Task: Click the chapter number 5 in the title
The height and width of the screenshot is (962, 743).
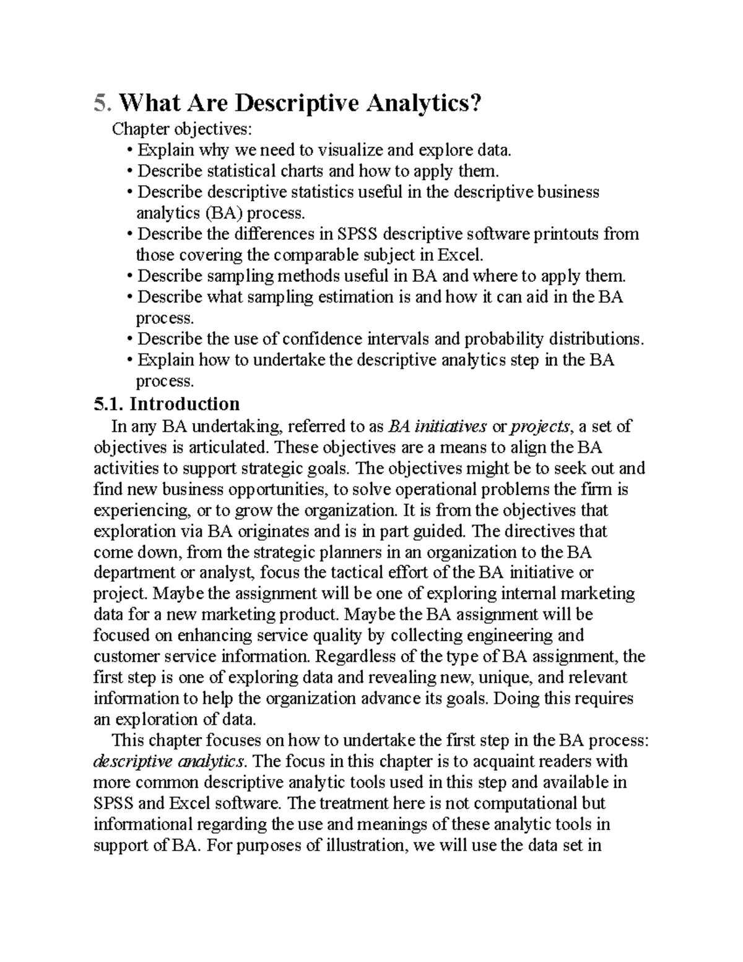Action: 100,103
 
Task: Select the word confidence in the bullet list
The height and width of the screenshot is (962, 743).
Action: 323,339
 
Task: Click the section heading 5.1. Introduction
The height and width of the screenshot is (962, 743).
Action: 166,404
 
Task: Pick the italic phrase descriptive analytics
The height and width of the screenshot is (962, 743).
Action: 170,761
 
